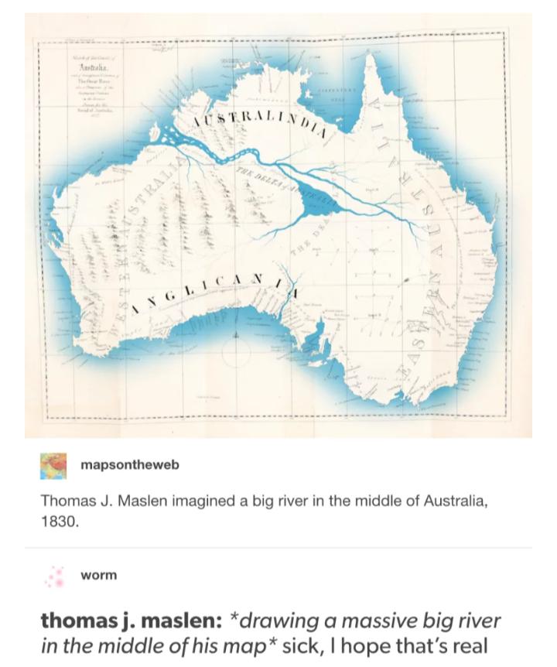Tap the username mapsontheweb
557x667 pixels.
[129, 464]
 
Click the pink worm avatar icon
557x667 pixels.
[53, 575]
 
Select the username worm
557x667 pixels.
[98, 575]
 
